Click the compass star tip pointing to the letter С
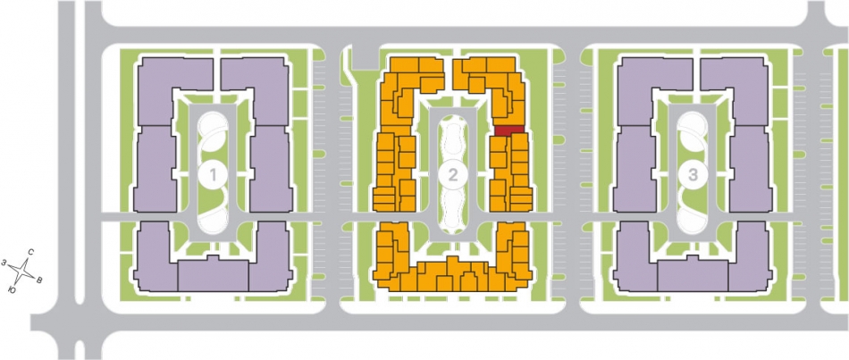click(29, 256)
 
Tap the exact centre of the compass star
click(22, 272)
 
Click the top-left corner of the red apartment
click(495, 126)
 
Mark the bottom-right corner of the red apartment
click(524, 135)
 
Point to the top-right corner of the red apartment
click(524, 126)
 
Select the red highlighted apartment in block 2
click(509, 130)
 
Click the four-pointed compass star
click(22, 272)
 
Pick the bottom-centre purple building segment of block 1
click(214, 275)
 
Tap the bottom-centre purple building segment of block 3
click(693, 275)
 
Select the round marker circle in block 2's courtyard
click(453, 174)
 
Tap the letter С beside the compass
click(31, 252)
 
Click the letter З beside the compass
click(4, 263)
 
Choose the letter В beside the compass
click(39, 280)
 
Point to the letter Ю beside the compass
click(12, 290)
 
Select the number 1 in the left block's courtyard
click(214, 174)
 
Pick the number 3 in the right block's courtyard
click(693, 174)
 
